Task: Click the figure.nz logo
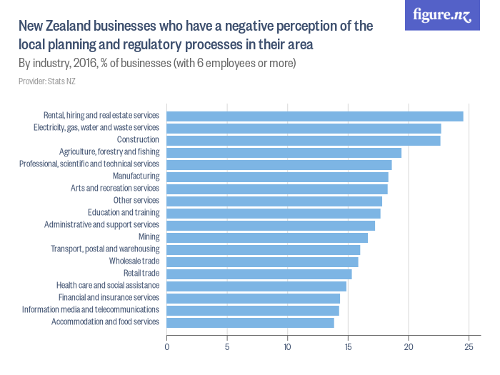442,16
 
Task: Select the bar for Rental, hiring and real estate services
315,116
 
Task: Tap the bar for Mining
267,237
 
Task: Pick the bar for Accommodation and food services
251,322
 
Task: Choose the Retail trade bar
259,274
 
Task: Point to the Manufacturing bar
278,176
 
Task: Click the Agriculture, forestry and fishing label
109,152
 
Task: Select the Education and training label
124,213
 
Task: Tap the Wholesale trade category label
134,261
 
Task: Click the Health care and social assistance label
108,286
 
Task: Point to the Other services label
136,201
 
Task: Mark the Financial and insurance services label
109,298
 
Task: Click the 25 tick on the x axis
469,347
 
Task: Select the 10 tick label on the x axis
287,347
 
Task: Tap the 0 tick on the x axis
167,347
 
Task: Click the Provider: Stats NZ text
47,81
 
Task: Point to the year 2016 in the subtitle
87,64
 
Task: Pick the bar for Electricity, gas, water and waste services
304,128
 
